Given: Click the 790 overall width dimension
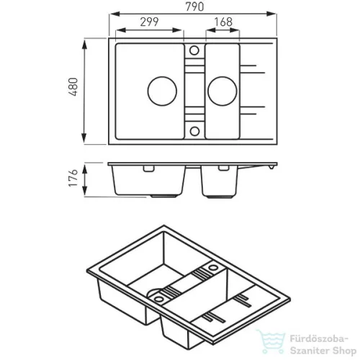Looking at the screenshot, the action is coord(194,6).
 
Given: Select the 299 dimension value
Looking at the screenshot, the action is coord(149,22).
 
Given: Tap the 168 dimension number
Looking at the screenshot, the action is coord(223,22).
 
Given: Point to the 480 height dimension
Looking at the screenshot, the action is coord(73,87).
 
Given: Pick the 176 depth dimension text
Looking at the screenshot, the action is coord(73,178).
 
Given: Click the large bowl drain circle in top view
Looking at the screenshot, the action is coord(162,91).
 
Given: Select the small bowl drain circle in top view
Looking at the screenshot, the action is coord(222,91).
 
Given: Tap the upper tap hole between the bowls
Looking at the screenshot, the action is coord(194,50).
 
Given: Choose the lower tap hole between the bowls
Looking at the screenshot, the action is coord(194,131).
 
